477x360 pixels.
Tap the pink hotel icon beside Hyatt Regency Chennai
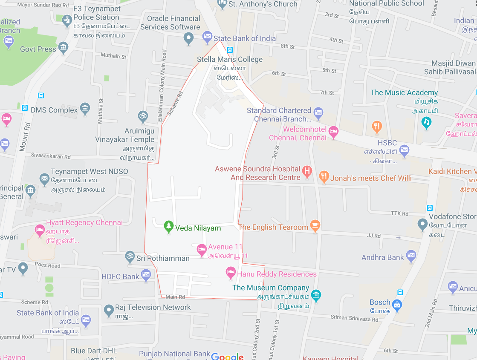click(x=40, y=230)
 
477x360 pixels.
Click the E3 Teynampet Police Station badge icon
click(x=67, y=20)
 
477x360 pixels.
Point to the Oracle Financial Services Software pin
click(x=188, y=39)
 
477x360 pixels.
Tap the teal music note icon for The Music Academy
click(x=426, y=123)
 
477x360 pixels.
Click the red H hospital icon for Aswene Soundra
click(x=306, y=172)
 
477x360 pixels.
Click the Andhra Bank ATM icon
click(x=411, y=256)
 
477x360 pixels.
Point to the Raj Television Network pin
click(x=109, y=310)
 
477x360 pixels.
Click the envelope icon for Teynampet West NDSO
click(x=44, y=179)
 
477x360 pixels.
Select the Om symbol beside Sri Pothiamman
click(x=129, y=257)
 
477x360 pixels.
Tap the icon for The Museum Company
click(x=316, y=295)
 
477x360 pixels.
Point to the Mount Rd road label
click(x=25, y=137)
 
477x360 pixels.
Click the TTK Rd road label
click(x=399, y=213)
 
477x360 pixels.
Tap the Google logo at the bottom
click(x=227, y=357)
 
